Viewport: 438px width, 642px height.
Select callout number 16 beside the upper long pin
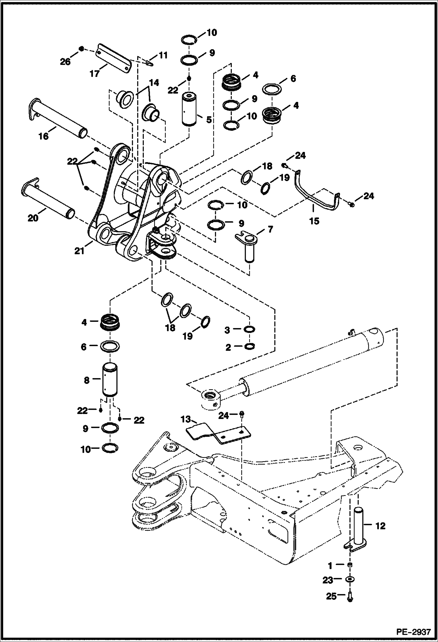click(x=44, y=136)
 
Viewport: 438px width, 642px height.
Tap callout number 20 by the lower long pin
click(x=33, y=218)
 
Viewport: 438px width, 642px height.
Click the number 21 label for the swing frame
click(x=79, y=251)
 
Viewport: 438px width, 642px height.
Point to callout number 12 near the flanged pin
click(x=380, y=526)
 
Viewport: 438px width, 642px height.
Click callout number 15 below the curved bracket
click(x=314, y=221)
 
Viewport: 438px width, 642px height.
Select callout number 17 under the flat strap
click(x=94, y=73)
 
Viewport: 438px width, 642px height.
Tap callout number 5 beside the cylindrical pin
click(x=209, y=119)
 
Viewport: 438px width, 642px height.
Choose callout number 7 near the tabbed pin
click(x=270, y=229)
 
